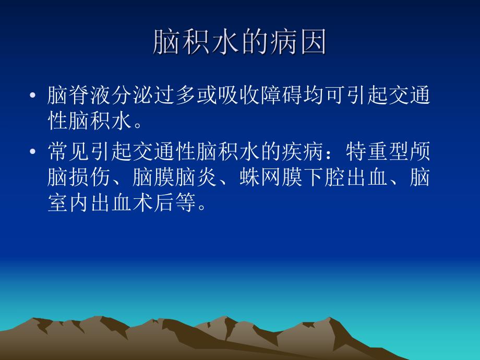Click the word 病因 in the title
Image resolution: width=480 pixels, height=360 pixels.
pos(305,42)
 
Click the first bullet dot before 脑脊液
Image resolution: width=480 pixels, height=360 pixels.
pos(33,97)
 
